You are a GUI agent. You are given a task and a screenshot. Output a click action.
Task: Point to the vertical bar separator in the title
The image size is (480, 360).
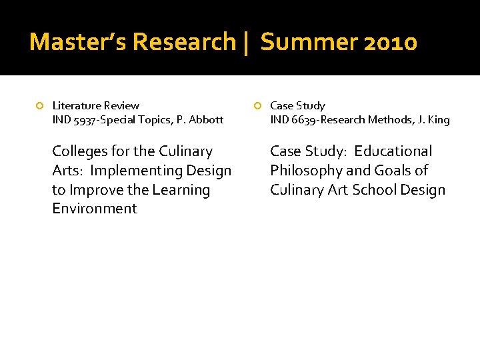(x=247, y=42)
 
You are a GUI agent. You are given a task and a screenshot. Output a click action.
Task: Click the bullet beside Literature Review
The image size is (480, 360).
(x=40, y=106)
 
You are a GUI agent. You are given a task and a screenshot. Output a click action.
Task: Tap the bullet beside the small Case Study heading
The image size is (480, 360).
(x=257, y=106)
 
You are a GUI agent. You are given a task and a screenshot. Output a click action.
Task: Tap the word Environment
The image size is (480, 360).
(x=94, y=209)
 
